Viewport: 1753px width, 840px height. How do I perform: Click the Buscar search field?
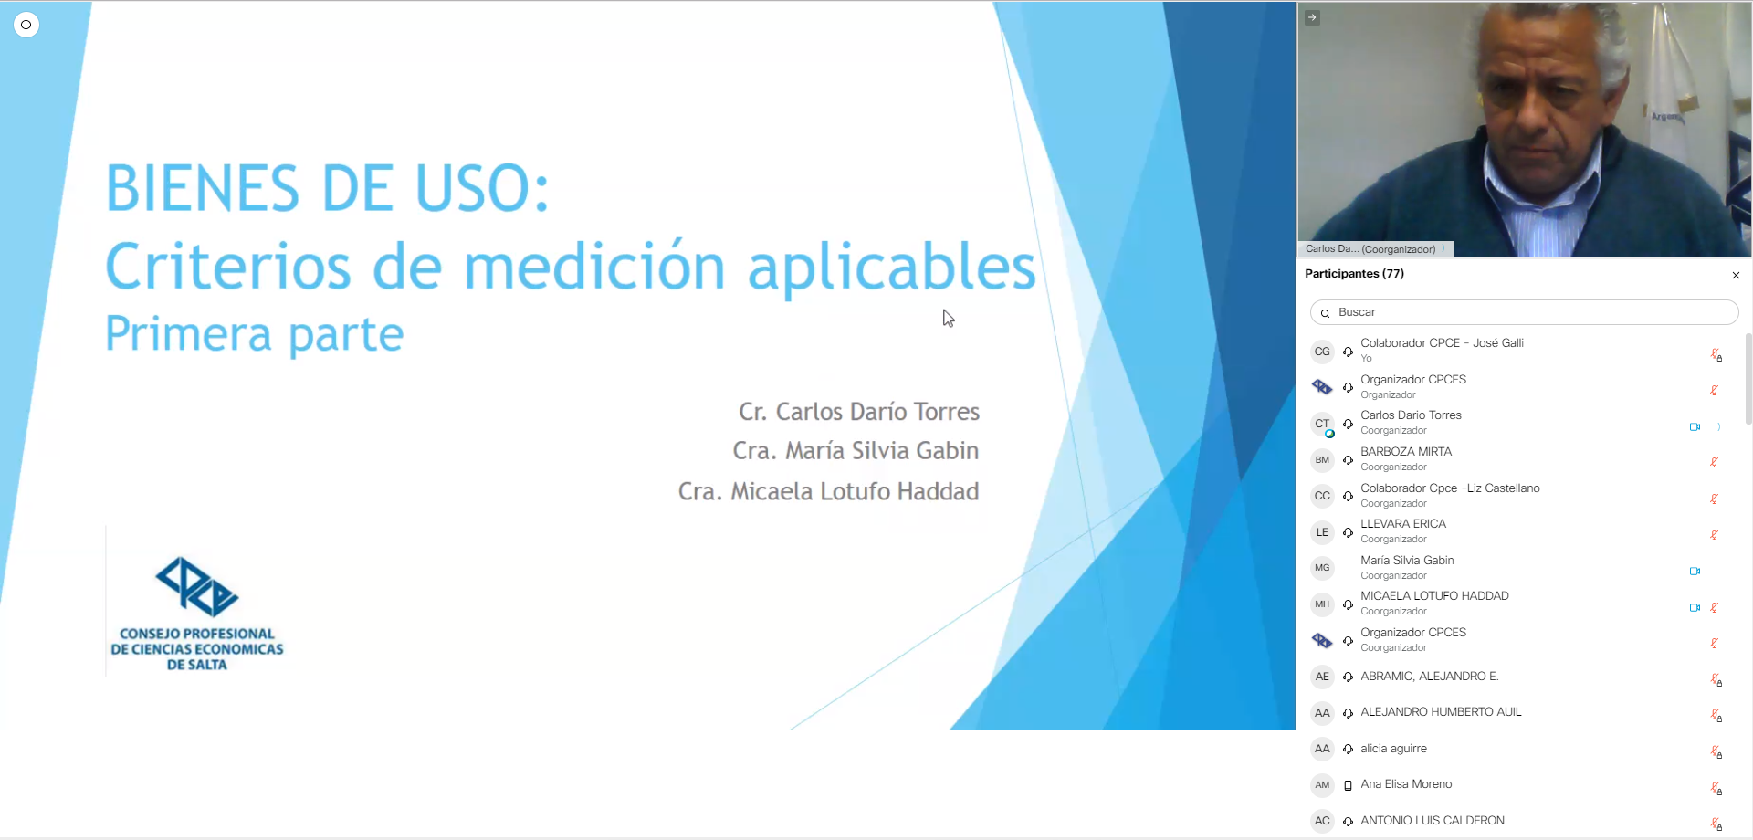tap(1524, 312)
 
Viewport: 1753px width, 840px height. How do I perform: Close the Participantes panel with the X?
tap(1736, 275)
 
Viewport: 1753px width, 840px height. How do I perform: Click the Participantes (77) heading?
tap(1354, 274)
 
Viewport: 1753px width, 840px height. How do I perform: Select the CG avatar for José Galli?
tap(1322, 352)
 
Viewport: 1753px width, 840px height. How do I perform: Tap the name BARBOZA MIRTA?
tap(1406, 452)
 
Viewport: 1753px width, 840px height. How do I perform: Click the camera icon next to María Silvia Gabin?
tap(1695, 572)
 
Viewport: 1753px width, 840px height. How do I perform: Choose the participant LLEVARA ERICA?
tap(1403, 524)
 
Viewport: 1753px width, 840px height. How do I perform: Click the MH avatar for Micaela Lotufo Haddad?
tap(1322, 604)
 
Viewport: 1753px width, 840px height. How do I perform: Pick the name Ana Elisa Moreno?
tap(1406, 784)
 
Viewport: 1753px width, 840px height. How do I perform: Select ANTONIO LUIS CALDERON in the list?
tap(1433, 821)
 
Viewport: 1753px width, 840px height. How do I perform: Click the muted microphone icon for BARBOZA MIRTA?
tap(1715, 462)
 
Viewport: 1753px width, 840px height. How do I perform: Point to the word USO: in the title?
tap(483, 188)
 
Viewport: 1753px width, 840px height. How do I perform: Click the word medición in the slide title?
tap(594, 267)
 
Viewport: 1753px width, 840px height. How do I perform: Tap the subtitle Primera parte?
tap(255, 334)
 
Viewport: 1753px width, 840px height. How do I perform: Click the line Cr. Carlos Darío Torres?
tap(859, 412)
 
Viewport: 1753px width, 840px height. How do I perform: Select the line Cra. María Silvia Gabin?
tap(856, 451)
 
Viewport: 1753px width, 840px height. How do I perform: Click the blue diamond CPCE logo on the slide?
tap(197, 587)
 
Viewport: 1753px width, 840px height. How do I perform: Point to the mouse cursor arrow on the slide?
tap(949, 318)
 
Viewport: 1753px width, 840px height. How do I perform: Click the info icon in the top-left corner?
tap(26, 25)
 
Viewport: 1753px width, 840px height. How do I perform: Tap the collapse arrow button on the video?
tap(1313, 17)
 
